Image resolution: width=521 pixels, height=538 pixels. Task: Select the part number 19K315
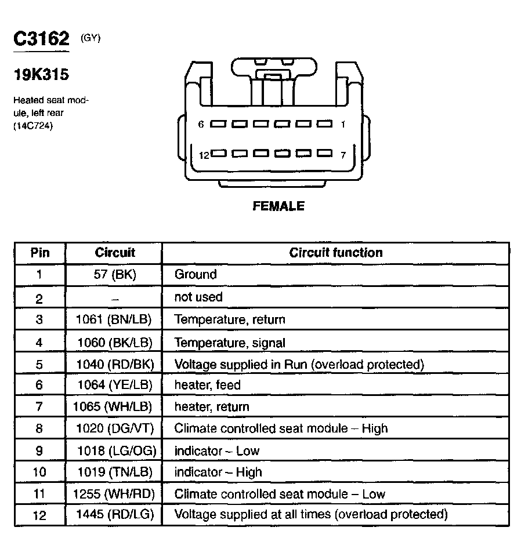point(41,75)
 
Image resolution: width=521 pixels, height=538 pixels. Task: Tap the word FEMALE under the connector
point(278,206)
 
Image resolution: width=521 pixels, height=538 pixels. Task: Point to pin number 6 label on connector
point(201,124)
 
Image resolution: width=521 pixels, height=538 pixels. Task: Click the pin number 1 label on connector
point(343,124)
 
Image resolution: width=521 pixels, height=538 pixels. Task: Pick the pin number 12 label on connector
point(204,155)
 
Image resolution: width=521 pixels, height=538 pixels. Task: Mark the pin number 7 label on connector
point(343,155)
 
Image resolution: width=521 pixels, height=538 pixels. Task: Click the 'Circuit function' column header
point(336,252)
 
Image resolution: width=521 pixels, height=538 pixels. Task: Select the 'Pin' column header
point(40,252)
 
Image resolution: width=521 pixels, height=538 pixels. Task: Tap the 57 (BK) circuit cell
point(114,274)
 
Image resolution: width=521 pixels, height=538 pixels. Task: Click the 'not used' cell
point(198,297)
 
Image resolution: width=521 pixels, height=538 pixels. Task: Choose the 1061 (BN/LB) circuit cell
point(114,319)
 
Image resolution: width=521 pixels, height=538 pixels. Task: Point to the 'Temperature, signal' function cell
point(230,343)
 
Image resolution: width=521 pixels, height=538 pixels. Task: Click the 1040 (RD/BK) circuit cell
point(114,365)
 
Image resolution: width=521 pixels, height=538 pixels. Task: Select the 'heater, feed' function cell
point(207,385)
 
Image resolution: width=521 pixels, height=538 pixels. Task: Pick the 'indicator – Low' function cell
point(217,450)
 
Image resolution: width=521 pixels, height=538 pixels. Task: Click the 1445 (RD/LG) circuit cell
point(114,514)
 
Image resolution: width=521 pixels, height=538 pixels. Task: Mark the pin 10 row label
point(39,472)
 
